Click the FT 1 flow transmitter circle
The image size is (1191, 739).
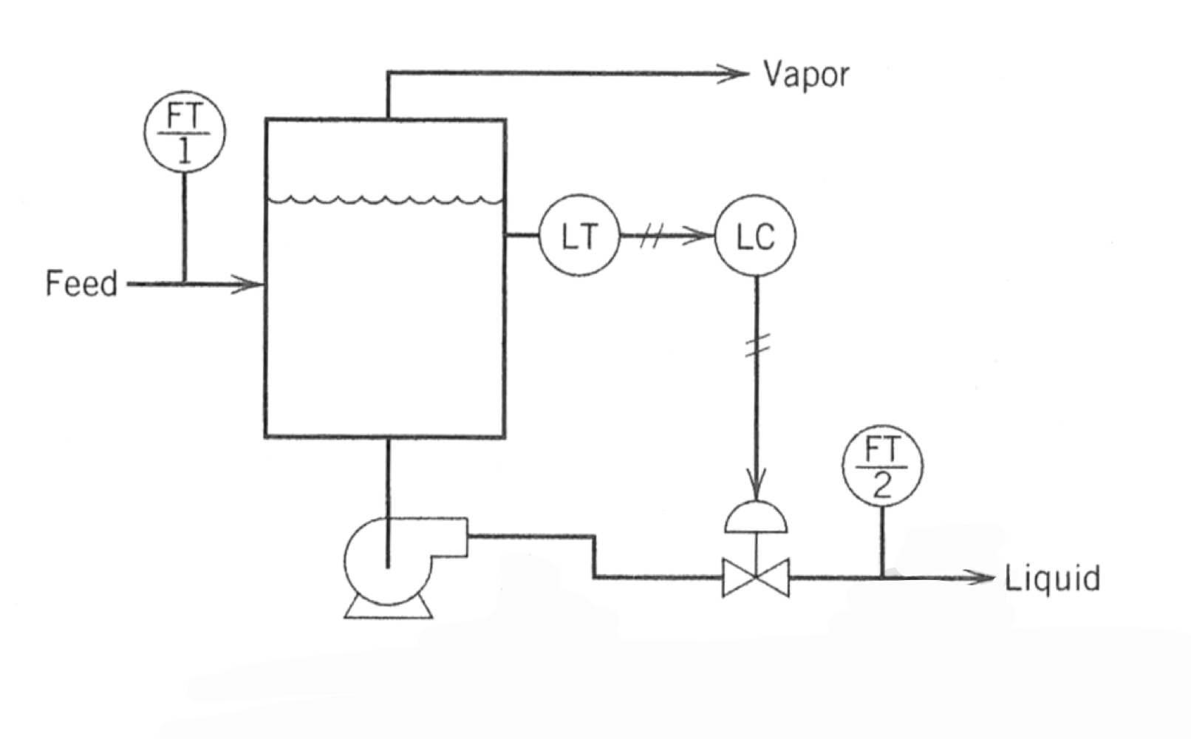[184, 132]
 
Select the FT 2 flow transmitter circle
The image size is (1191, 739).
[882, 466]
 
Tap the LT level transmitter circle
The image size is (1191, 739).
[579, 236]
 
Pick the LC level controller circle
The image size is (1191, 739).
[755, 236]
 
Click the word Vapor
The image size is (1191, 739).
[806, 75]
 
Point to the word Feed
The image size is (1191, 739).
[81, 284]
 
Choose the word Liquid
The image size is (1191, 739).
[1052, 579]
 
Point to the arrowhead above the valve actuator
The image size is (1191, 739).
[756, 483]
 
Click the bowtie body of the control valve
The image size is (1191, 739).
[756, 578]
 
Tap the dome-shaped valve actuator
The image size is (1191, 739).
[756, 520]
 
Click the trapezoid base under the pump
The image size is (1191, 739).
[388, 607]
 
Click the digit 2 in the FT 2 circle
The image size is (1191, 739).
[882, 485]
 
